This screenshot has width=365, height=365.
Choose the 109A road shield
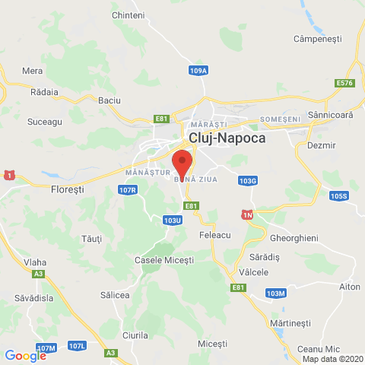(198, 71)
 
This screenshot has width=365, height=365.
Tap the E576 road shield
(344, 83)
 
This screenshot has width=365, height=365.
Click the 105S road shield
(338, 196)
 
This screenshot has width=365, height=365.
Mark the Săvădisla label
(27, 299)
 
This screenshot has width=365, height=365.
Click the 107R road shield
(128, 190)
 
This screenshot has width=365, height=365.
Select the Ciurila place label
(135, 335)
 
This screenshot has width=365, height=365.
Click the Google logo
(25, 355)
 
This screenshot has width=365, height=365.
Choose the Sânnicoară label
(331, 115)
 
